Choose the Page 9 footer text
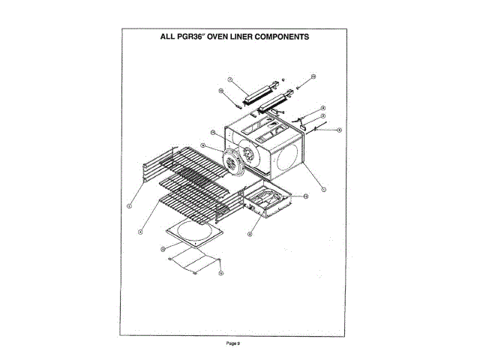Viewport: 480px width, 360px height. tap(233, 343)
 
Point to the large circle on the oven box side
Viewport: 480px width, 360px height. tap(287, 157)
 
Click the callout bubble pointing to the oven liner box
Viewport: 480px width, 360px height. tap(323, 190)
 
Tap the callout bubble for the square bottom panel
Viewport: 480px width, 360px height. tap(163, 247)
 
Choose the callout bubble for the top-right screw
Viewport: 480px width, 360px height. tap(313, 76)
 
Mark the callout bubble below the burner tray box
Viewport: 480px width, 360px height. tap(249, 233)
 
